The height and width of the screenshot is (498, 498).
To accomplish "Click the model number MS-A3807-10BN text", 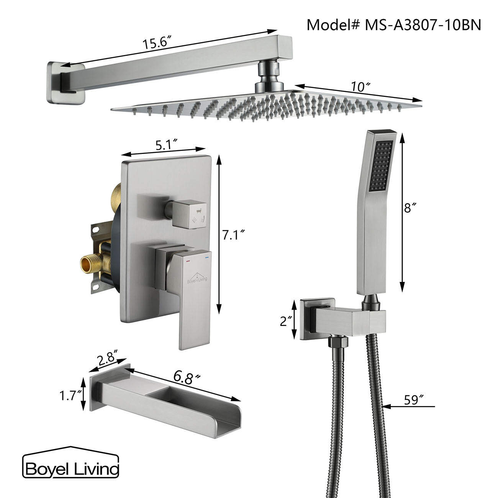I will [394, 25].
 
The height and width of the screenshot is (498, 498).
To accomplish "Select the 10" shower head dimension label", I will [358, 87].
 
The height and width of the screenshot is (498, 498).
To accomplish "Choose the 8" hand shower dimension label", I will [410, 208].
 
